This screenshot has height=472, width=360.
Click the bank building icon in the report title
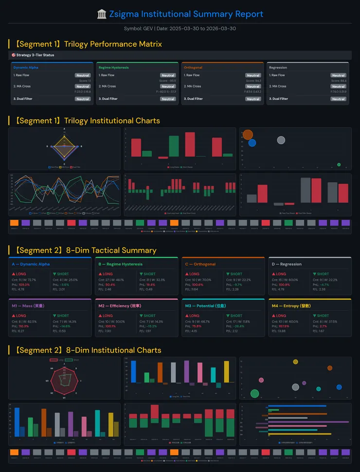click(x=102, y=14)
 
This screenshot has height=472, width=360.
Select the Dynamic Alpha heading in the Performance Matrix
click(x=26, y=68)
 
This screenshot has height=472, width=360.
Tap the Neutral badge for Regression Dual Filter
click(x=338, y=99)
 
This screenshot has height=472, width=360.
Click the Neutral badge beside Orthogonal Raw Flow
click(x=253, y=75)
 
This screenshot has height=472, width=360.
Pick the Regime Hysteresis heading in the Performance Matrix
click(x=113, y=68)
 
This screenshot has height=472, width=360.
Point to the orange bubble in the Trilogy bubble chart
click(x=248, y=135)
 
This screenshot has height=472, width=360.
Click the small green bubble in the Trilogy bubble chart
click(x=339, y=164)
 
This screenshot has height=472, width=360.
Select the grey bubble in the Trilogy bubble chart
click(x=281, y=140)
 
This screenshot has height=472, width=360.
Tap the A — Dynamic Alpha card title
click(x=31, y=264)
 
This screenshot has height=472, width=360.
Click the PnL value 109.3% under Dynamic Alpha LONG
click(x=24, y=284)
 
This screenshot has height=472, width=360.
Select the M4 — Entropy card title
click(x=291, y=306)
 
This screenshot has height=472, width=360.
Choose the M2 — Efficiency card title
click(x=120, y=306)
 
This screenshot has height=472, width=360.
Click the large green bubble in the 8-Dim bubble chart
click(x=254, y=393)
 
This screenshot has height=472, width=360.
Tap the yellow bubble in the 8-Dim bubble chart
click(x=295, y=362)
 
